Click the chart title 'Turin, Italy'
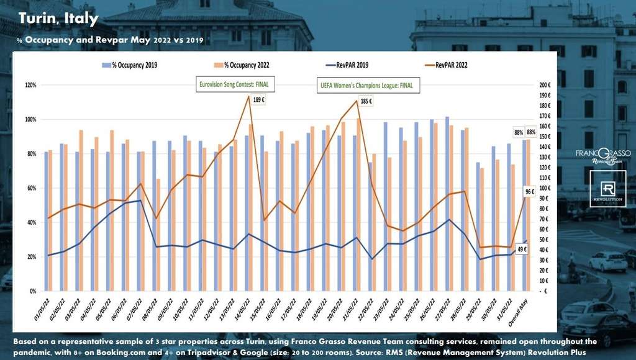tap(58, 19)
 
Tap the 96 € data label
tap(529, 192)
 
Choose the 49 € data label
tap(522, 250)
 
